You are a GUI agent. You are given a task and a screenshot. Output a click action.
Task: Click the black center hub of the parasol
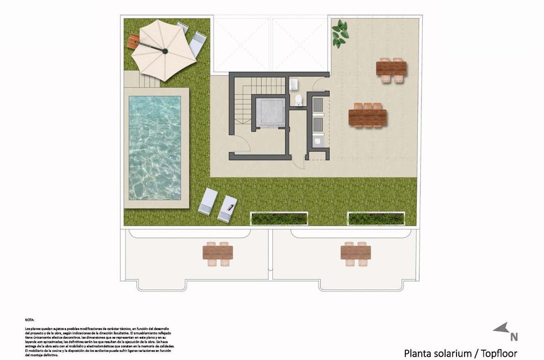point(165,51)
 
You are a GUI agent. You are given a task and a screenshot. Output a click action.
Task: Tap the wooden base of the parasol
point(134,41)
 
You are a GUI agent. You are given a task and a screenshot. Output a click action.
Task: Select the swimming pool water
point(154,147)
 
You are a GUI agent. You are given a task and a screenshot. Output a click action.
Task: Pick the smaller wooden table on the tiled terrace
point(391,69)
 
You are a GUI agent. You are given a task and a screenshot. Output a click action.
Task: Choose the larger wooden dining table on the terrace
point(367,118)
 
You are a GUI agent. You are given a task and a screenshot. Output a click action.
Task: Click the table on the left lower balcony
point(218,253)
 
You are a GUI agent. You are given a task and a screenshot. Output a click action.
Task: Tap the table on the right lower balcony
point(355,253)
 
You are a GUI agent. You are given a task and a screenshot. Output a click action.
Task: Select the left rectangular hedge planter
point(279,218)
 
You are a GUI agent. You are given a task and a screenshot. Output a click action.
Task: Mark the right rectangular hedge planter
point(376,218)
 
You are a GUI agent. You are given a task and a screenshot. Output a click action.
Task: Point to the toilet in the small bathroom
point(298,101)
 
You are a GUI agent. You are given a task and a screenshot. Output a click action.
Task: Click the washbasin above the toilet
point(294,84)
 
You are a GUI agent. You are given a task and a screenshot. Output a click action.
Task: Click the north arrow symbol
point(501,328)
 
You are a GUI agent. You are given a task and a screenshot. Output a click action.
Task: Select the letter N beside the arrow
point(514,338)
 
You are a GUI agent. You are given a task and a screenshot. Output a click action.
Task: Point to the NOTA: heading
point(29,319)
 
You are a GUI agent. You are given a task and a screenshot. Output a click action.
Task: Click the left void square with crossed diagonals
point(241,44)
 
